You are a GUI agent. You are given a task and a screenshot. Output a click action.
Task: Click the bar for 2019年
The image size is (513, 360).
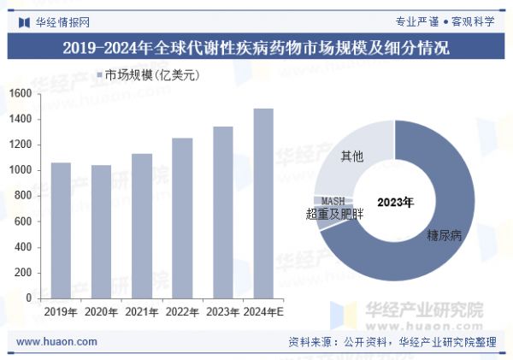(61, 230)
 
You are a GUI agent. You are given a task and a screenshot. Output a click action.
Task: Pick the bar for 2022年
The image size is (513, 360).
(182, 218)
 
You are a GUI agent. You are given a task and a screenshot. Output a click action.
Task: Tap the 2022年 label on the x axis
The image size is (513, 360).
(182, 312)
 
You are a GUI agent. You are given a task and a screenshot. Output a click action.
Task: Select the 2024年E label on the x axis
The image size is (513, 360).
(262, 312)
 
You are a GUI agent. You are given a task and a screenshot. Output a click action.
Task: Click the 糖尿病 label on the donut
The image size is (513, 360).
(444, 234)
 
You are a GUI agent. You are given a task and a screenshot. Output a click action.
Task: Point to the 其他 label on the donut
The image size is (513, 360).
(351, 156)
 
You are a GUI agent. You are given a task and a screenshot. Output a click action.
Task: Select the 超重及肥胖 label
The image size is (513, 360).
(334, 214)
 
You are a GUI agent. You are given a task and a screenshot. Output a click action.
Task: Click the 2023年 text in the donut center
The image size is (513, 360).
(395, 203)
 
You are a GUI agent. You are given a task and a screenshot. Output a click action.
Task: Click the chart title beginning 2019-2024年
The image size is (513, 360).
(256, 47)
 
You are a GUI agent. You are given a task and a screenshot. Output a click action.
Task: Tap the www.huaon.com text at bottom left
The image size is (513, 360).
(56, 342)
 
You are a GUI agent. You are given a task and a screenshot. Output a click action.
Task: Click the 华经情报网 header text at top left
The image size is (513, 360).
(62, 21)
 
